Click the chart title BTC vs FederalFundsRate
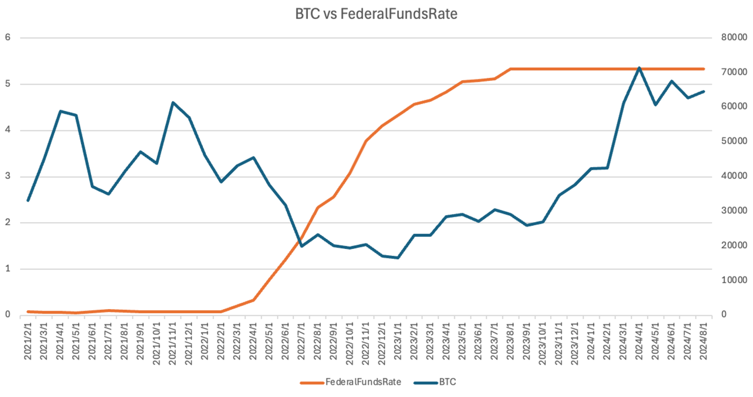click(x=376, y=14)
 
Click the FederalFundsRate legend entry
click(x=362, y=382)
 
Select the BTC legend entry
click(x=447, y=382)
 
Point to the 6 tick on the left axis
click(x=7, y=37)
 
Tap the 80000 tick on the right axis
click(x=734, y=37)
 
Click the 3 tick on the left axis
click(x=7, y=176)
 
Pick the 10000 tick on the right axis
click(x=734, y=280)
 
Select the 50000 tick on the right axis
click(x=734, y=141)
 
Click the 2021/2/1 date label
click(x=28, y=341)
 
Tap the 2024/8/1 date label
click(x=704, y=341)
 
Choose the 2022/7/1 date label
click(x=302, y=341)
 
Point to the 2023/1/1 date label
click(x=398, y=341)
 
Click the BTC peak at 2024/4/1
click(x=639, y=68)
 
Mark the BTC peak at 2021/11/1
click(x=173, y=102)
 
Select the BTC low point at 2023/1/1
click(x=398, y=258)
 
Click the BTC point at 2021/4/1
click(x=60, y=111)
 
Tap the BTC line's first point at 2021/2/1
click(x=28, y=201)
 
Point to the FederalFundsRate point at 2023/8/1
click(x=511, y=69)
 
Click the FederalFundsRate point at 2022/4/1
click(x=253, y=300)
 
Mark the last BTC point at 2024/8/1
click(x=704, y=91)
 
